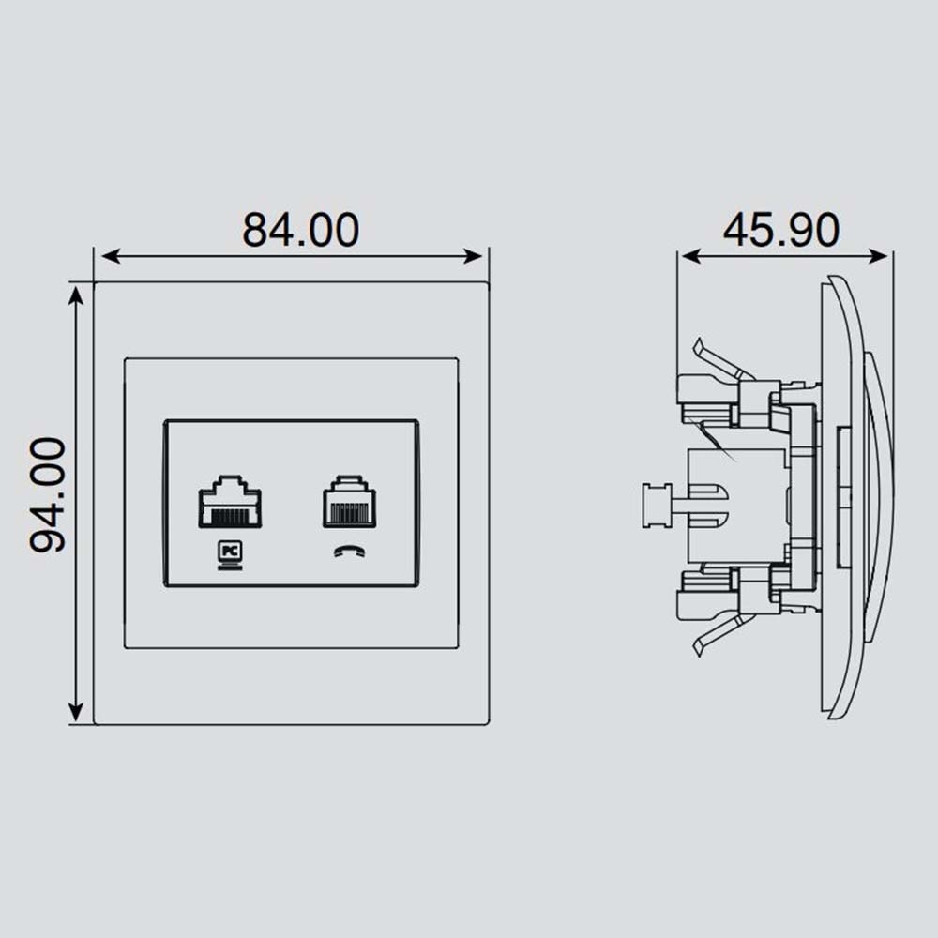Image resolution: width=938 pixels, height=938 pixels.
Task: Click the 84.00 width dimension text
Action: pyautogui.click(x=300, y=230)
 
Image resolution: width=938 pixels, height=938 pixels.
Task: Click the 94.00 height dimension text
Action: pyautogui.click(x=48, y=494)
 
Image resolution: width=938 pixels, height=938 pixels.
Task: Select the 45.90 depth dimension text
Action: pyautogui.click(x=781, y=230)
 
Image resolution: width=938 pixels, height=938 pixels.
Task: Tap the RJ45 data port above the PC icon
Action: pyautogui.click(x=230, y=502)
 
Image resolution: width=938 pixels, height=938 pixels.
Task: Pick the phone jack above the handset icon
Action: pyautogui.click(x=349, y=502)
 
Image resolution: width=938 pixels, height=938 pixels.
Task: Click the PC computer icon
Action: pyautogui.click(x=230, y=555)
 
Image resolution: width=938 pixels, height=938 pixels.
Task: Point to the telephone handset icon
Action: pyautogui.click(x=349, y=551)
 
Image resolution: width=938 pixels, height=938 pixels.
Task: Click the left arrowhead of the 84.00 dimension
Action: pyautogui.click(x=110, y=257)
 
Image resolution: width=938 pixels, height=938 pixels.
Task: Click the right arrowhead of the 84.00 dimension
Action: pyautogui.click(x=474, y=257)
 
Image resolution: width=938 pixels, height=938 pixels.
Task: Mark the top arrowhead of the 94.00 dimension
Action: pyautogui.click(x=75, y=295)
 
